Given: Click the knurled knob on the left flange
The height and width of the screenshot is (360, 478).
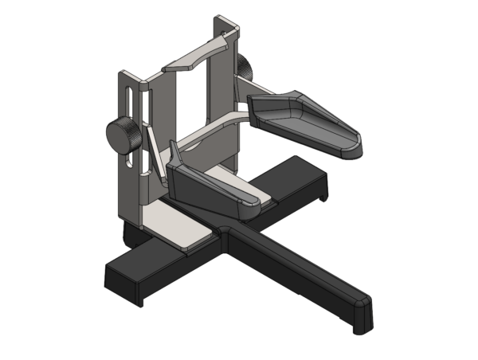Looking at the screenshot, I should (x=120, y=136).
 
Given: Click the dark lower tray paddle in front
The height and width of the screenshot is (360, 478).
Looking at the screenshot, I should (x=209, y=191).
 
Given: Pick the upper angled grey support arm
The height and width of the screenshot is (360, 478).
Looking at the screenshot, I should (x=195, y=57).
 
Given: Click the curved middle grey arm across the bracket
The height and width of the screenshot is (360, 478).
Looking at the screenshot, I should (x=211, y=130).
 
